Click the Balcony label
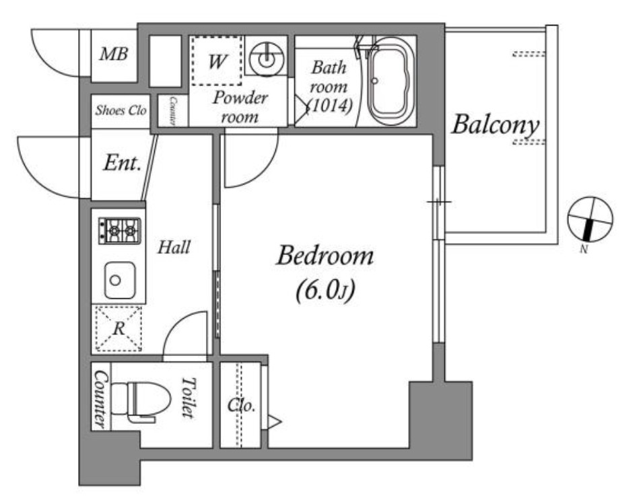pos(495,124)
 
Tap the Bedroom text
pos(325,256)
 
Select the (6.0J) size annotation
pos(325,291)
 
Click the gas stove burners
pos(119,231)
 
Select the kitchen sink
pos(119,280)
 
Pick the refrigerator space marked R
pos(119,328)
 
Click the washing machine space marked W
pos(217,61)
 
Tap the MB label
pos(114,54)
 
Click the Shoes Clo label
pos(121,110)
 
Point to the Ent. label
pos(122,163)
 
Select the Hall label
pos(174,247)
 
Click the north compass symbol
pos(590,219)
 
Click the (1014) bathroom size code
pos(330,106)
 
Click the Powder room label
pos(240,107)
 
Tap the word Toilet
pos(189,398)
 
